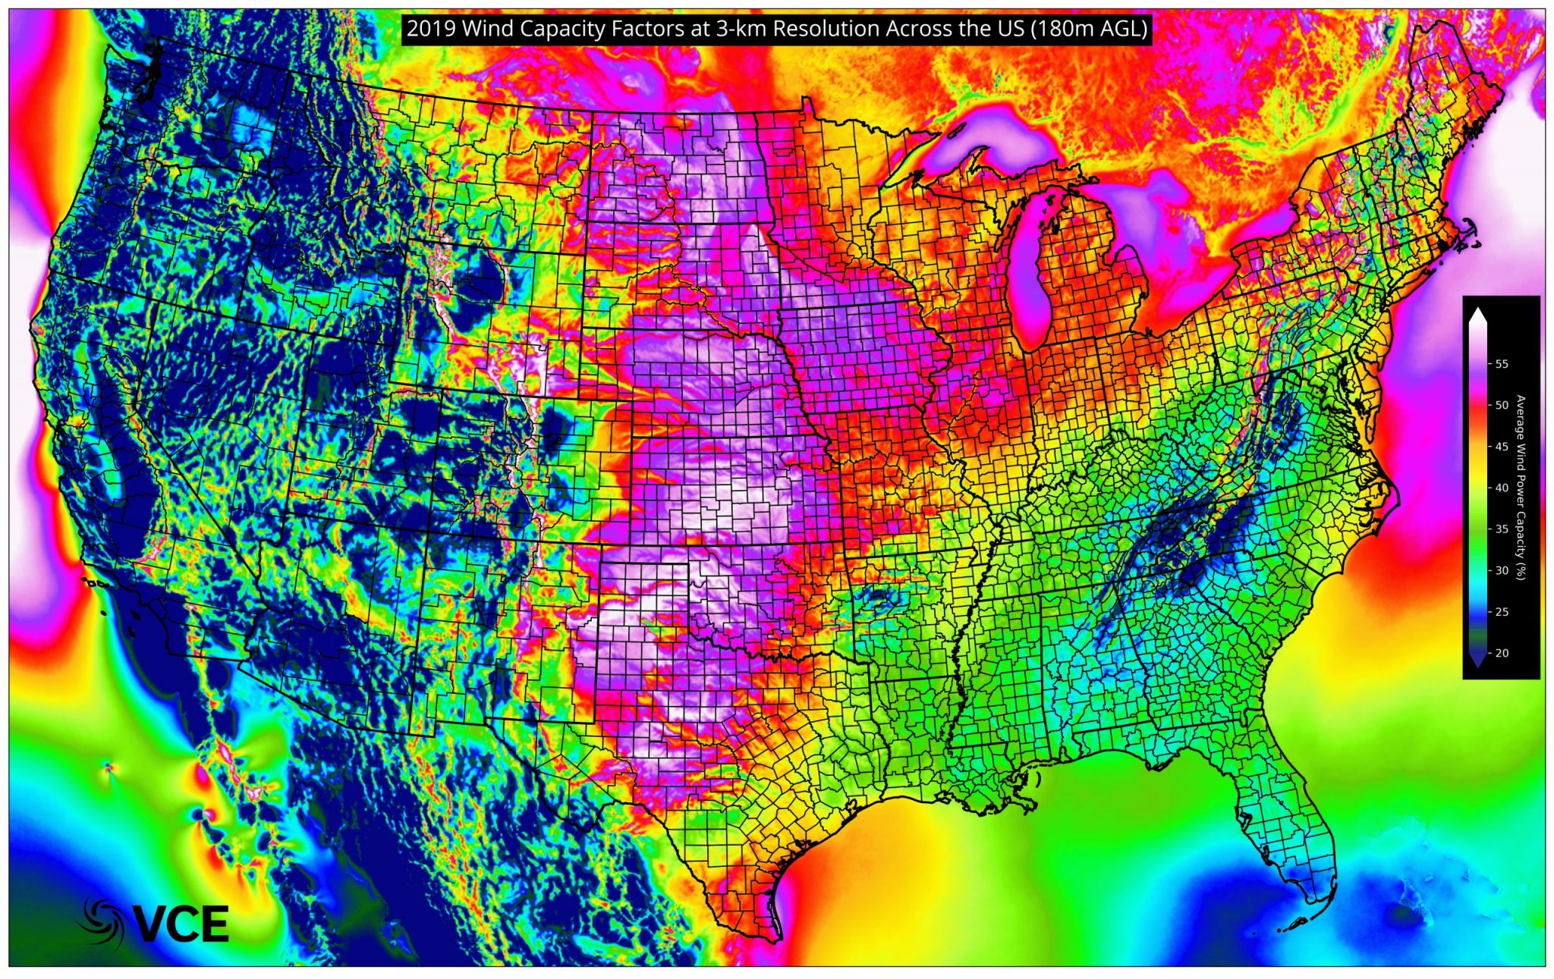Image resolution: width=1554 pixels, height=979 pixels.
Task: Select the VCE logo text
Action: pos(182,924)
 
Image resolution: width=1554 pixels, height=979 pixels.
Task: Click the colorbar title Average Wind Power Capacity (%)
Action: pos(1520,488)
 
